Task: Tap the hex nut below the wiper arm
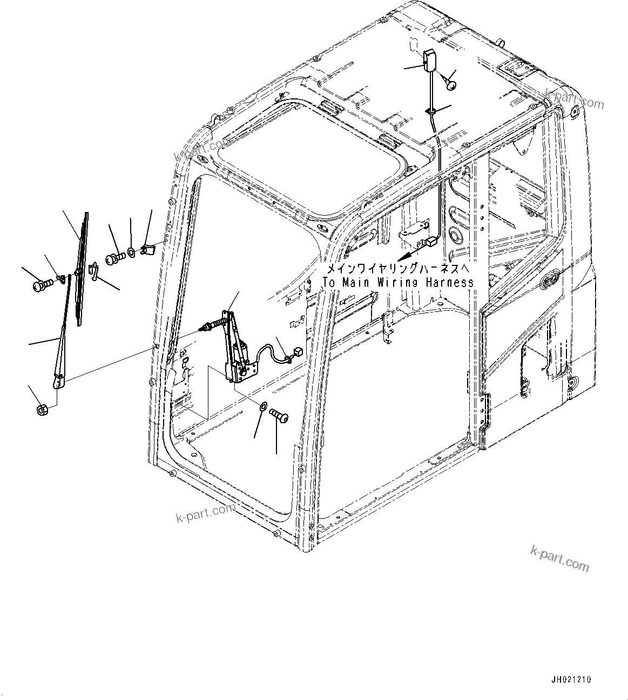pos(42,410)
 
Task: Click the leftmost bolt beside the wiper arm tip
pos(41,283)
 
